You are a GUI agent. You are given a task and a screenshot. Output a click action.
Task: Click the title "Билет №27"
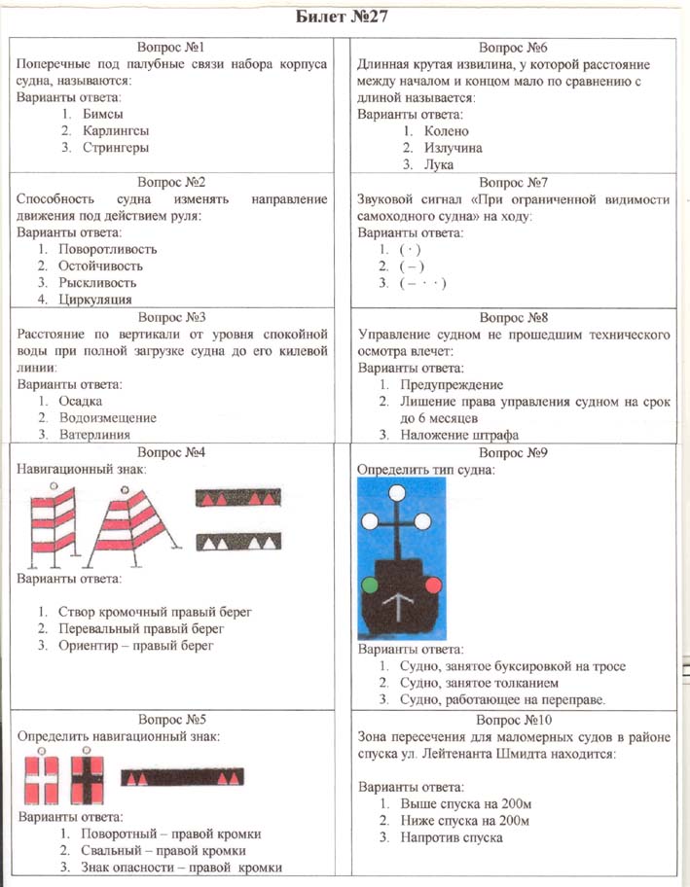[344, 17]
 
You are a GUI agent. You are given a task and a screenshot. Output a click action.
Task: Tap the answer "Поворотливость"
[107, 249]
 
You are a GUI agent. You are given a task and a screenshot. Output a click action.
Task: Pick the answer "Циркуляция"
[94, 300]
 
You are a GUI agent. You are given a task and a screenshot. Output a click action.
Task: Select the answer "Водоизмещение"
[107, 417]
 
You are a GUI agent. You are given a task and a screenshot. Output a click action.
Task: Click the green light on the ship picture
[371, 585]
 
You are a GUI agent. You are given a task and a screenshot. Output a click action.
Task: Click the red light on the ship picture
[431, 585]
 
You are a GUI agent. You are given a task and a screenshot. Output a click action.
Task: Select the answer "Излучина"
[454, 148]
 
